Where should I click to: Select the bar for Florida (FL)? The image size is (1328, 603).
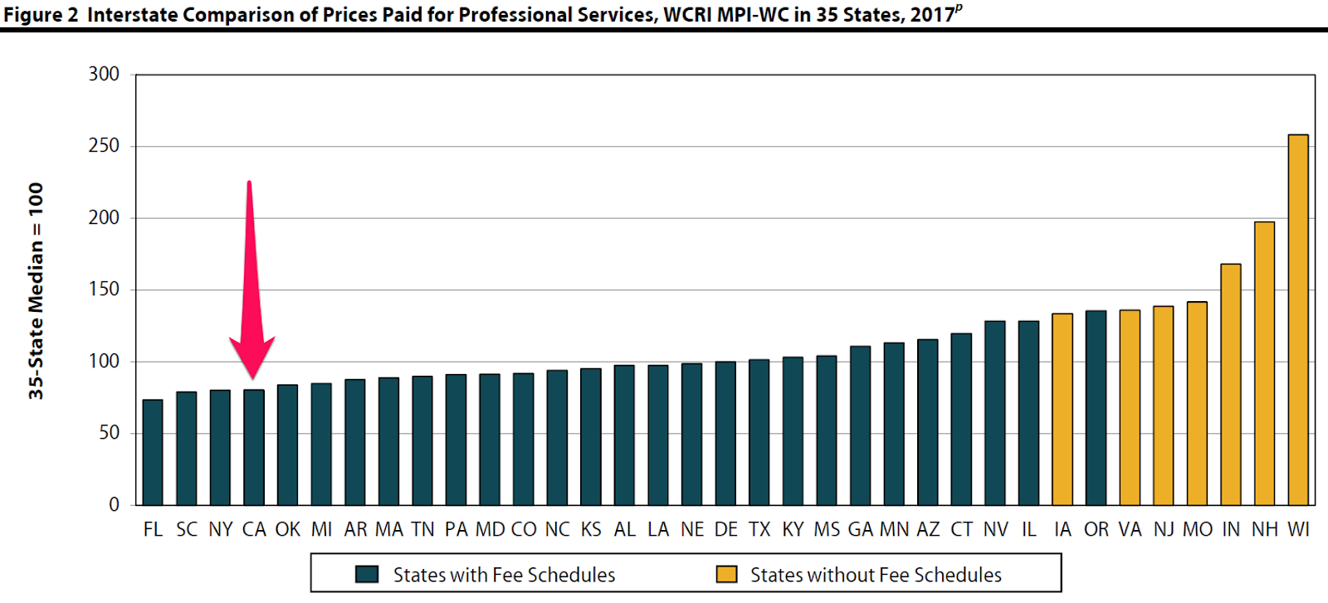[x=153, y=452]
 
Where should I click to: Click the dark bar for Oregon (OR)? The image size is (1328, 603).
[x=1096, y=407]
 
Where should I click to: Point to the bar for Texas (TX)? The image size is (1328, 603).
[x=759, y=432]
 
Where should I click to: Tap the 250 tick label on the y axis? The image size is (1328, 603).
[x=105, y=146]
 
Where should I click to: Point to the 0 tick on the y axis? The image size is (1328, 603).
[x=115, y=504]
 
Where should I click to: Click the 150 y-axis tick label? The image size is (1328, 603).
[x=105, y=289]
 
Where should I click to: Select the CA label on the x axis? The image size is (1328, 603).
[x=254, y=529]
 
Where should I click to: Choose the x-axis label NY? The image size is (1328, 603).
[x=221, y=529]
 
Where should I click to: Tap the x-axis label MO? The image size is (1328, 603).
[x=1197, y=529]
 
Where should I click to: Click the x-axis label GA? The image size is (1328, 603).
[x=860, y=529]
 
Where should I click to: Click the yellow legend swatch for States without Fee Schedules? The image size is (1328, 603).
[x=726, y=574]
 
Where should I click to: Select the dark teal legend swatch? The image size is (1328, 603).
[x=367, y=574]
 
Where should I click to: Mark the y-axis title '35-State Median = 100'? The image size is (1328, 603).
[x=36, y=290]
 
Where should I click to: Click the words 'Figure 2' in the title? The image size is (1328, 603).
[x=41, y=15]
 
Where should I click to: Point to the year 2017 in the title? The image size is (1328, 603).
[x=931, y=15]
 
